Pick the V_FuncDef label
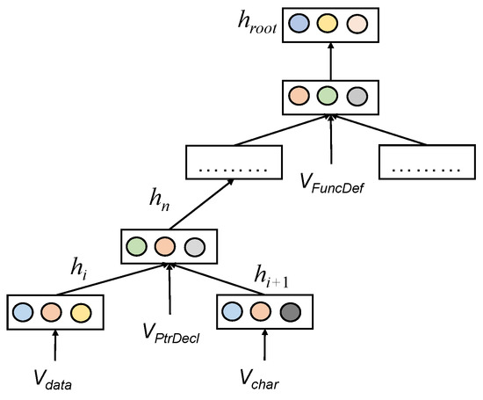pyautogui.click(x=333, y=183)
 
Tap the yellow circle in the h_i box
pyautogui.click(x=80, y=311)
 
